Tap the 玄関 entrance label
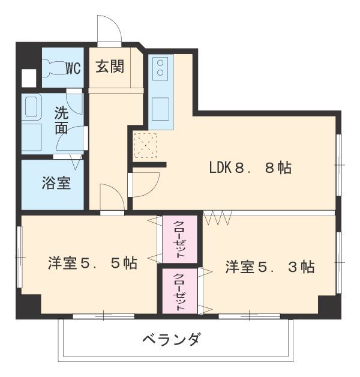pos(110,66)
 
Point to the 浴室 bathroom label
pos(56,183)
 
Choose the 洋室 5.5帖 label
pos(92,263)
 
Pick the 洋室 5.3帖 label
pos(270,267)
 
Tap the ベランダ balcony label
pos(172,339)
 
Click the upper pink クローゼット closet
pos(179,239)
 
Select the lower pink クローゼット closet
pos(179,291)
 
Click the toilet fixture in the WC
pos(52,68)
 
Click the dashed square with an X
pos(145,146)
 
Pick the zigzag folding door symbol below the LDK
pos(217,217)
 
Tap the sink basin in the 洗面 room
pos(32,107)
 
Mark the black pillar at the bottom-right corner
pos(329,306)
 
